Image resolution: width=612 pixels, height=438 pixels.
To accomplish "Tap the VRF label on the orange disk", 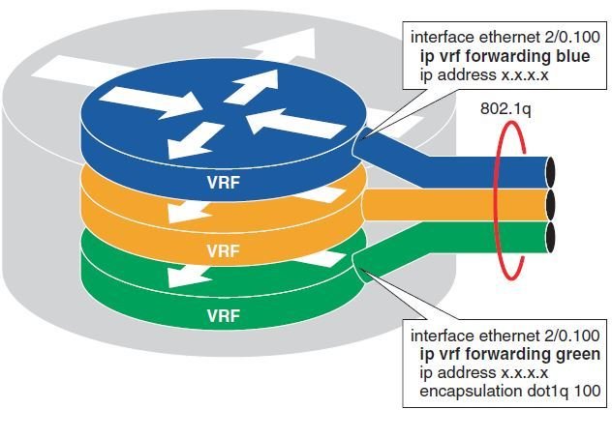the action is (x=224, y=248).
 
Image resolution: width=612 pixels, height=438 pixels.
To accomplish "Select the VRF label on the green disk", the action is (x=224, y=315).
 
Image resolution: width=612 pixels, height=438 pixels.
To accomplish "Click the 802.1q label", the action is (x=505, y=109).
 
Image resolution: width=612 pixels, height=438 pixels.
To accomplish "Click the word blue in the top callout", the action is (x=568, y=56).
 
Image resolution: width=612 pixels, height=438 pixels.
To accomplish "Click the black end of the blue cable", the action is (x=553, y=171).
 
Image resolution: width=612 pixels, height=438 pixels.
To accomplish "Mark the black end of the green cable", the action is (x=553, y=236).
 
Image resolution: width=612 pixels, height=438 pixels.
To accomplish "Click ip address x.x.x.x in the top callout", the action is (x=471, y=74).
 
